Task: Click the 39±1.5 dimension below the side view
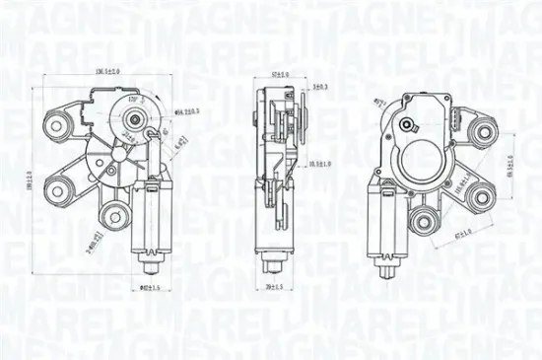(275, 287)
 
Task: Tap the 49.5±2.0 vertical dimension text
(508, 169)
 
